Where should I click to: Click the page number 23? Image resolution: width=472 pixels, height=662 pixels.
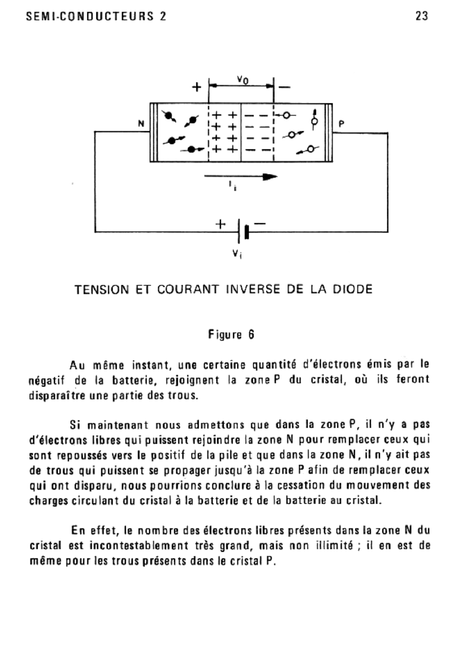point(421,16)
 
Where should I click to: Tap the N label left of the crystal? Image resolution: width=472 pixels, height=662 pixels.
point(141,124)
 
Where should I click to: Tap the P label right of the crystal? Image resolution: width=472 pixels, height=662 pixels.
point(341,124)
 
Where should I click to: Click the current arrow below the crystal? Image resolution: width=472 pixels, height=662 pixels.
point(240,177)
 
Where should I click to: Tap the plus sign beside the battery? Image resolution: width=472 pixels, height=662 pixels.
point(221,224)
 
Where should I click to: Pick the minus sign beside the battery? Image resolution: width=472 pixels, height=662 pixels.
point(260,224)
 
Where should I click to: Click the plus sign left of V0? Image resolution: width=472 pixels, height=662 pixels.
point(196,87)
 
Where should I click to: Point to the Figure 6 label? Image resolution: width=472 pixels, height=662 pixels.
point(231,335)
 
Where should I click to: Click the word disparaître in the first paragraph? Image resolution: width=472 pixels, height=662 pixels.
point(58,395)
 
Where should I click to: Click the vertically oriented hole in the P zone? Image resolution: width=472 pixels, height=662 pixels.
point(315,119)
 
